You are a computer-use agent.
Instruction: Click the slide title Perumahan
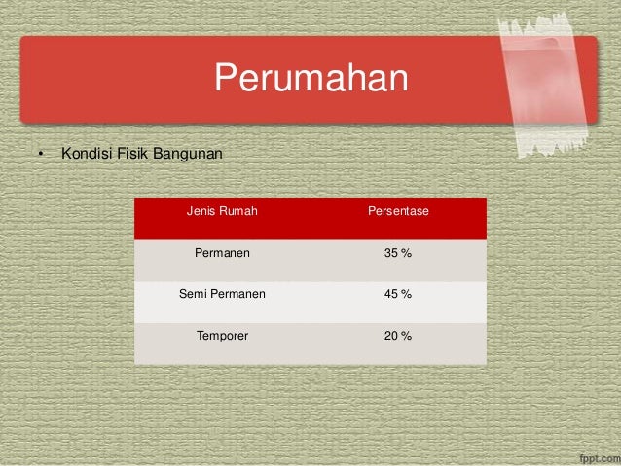(310, 79)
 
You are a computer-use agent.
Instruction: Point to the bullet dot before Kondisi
(41, 155)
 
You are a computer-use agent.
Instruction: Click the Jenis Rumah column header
(222, 211)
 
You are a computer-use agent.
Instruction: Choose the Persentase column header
(398, 211)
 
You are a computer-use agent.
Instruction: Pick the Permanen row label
(222, 253)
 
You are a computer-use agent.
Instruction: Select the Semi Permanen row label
(222, 294)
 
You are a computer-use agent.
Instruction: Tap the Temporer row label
(222, 336)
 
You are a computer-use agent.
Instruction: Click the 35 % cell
(397, 253)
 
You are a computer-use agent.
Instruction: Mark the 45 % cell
(397, 294)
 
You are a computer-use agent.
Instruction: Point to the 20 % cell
(397, 336)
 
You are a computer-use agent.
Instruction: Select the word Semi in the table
(193, 294)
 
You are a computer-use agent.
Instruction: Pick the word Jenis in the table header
(201, 211)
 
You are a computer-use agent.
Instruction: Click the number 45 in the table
(391, 294)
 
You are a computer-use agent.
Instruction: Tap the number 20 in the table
(391, 336)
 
